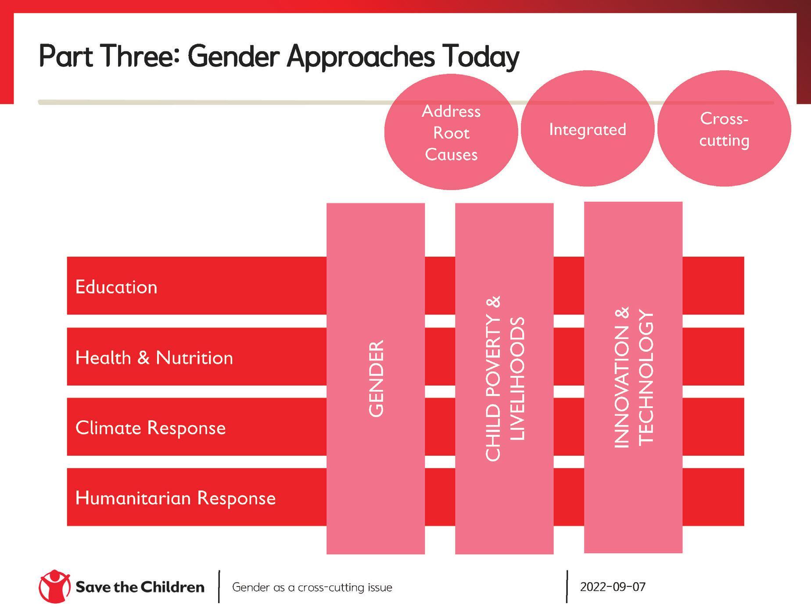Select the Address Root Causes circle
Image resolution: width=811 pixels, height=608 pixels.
tap(451, 132)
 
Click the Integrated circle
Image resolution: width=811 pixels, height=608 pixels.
tap(588, 129)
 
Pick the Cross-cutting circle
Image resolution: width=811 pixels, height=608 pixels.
tap(724, 129)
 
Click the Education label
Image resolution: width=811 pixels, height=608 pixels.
tap(116, 287)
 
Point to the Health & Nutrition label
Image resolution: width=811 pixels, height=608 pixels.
tap(154, 358)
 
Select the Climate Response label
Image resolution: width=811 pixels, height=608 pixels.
tap(151, 428)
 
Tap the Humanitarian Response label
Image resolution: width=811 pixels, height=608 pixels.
tap(176, 498)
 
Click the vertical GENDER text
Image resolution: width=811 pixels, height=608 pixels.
tap(376, 379)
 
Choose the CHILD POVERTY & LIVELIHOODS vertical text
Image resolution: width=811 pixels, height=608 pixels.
tap(505, 379)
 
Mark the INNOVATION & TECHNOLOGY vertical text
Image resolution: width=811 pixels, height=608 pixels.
tap(633, 377)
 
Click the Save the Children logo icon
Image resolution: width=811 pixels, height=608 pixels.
tap(54, 587)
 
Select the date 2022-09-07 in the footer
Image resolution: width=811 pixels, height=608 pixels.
tap(613, 587)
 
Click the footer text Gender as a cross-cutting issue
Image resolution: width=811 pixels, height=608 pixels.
tap(312, 587)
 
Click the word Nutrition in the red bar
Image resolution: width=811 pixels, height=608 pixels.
tap(194, 358)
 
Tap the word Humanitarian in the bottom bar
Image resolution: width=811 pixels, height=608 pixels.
tap(133, 498)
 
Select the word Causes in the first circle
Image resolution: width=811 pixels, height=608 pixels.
tap(451, 154)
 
